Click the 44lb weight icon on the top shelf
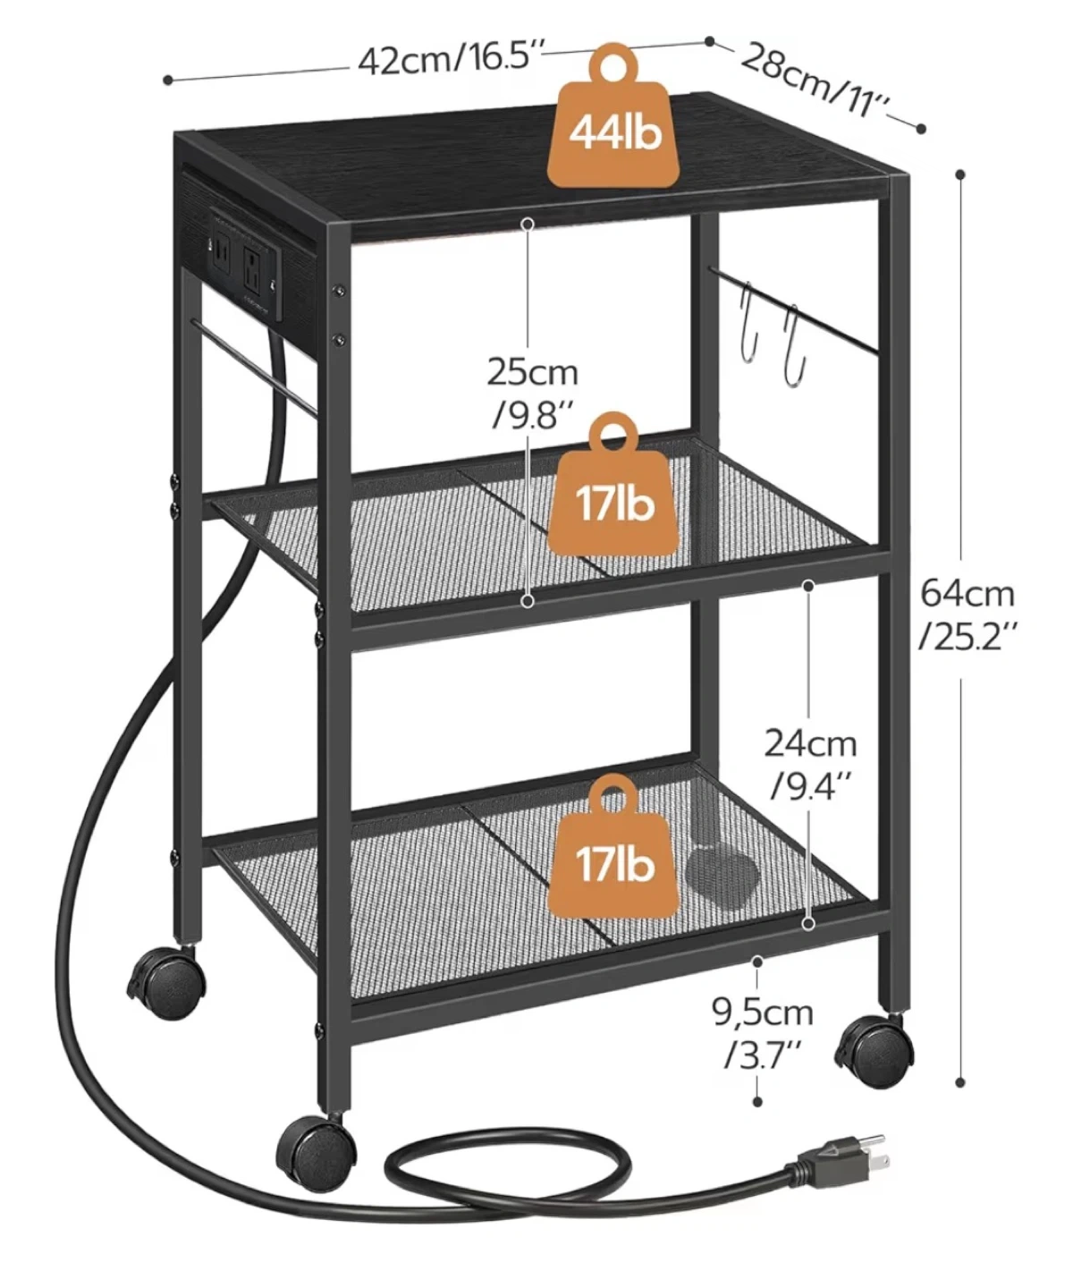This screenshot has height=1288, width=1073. coord(614,114)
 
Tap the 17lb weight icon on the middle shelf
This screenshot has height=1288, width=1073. coord(613,484)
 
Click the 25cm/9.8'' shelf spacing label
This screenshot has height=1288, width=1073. coord(533,393)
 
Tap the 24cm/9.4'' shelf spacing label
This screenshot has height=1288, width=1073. coord(810,764)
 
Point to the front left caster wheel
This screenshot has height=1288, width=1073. coord(316,1147)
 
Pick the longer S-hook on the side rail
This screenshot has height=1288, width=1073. coord(796,345)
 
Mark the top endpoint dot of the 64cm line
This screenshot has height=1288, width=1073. coord(959,174)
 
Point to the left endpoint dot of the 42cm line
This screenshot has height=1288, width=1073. coord(168,80)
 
